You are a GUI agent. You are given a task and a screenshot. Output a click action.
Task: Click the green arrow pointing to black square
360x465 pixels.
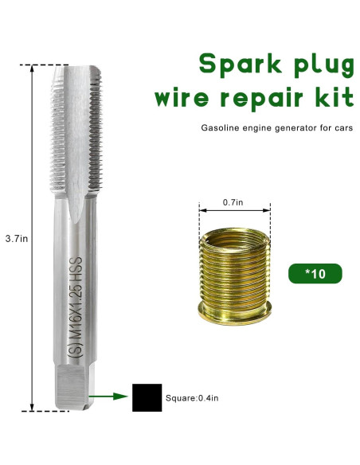(x=110, y=395)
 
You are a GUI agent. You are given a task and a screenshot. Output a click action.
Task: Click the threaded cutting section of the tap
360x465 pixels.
(x=77, y=127)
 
